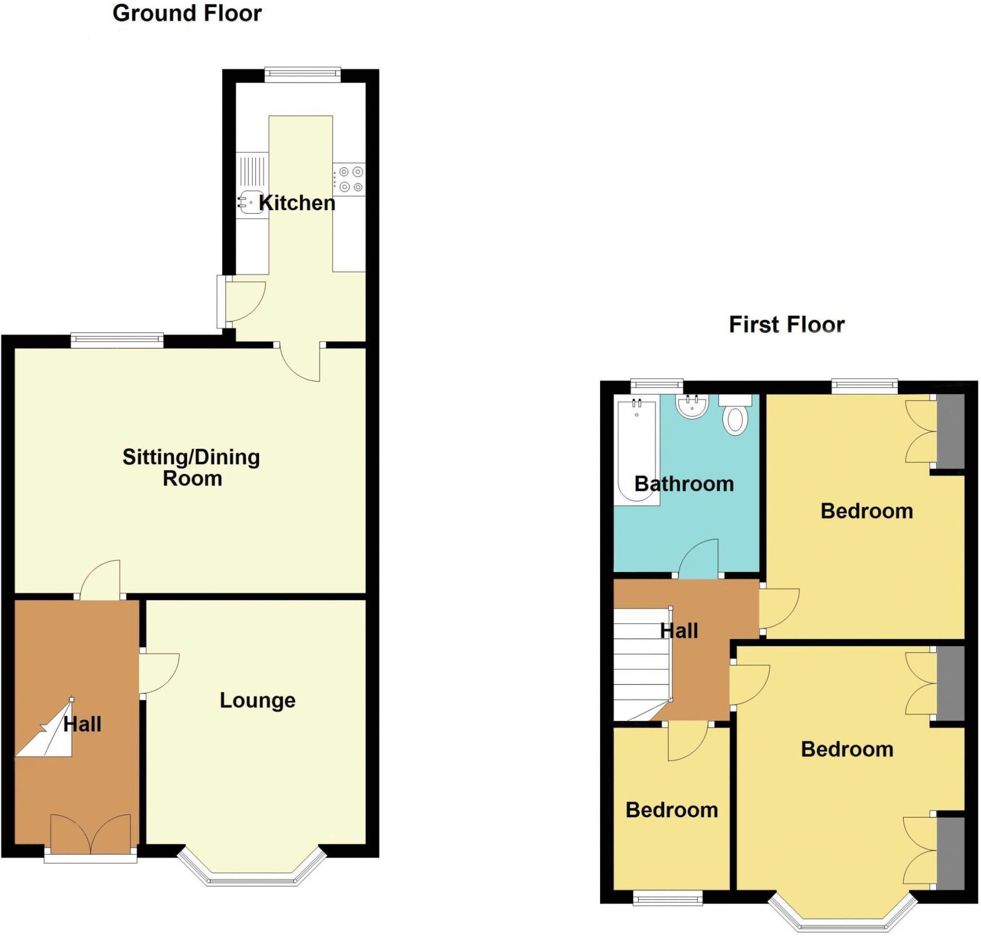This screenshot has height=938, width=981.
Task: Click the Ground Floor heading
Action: [x=187, y=14]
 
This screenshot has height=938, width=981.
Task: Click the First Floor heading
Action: [x=786, y=325]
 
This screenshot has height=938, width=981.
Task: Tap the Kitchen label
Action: [x=297, y=203]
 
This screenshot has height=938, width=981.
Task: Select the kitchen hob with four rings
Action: [x=350, y=180]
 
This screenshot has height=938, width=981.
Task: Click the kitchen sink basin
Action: [x=251, y=202]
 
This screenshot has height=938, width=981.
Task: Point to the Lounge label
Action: [x=257, y=701]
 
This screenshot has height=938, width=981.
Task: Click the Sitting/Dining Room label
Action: [x=192, y=468]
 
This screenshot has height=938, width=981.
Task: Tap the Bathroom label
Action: [x=684, y=484]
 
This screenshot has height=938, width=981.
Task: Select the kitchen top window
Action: [x=303, y=74]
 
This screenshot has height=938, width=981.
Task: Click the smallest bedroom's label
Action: [x=671, y=810]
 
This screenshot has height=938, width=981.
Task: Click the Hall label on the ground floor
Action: [x=83, y=724]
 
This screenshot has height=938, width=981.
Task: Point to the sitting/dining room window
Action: [x=117, y=340]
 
